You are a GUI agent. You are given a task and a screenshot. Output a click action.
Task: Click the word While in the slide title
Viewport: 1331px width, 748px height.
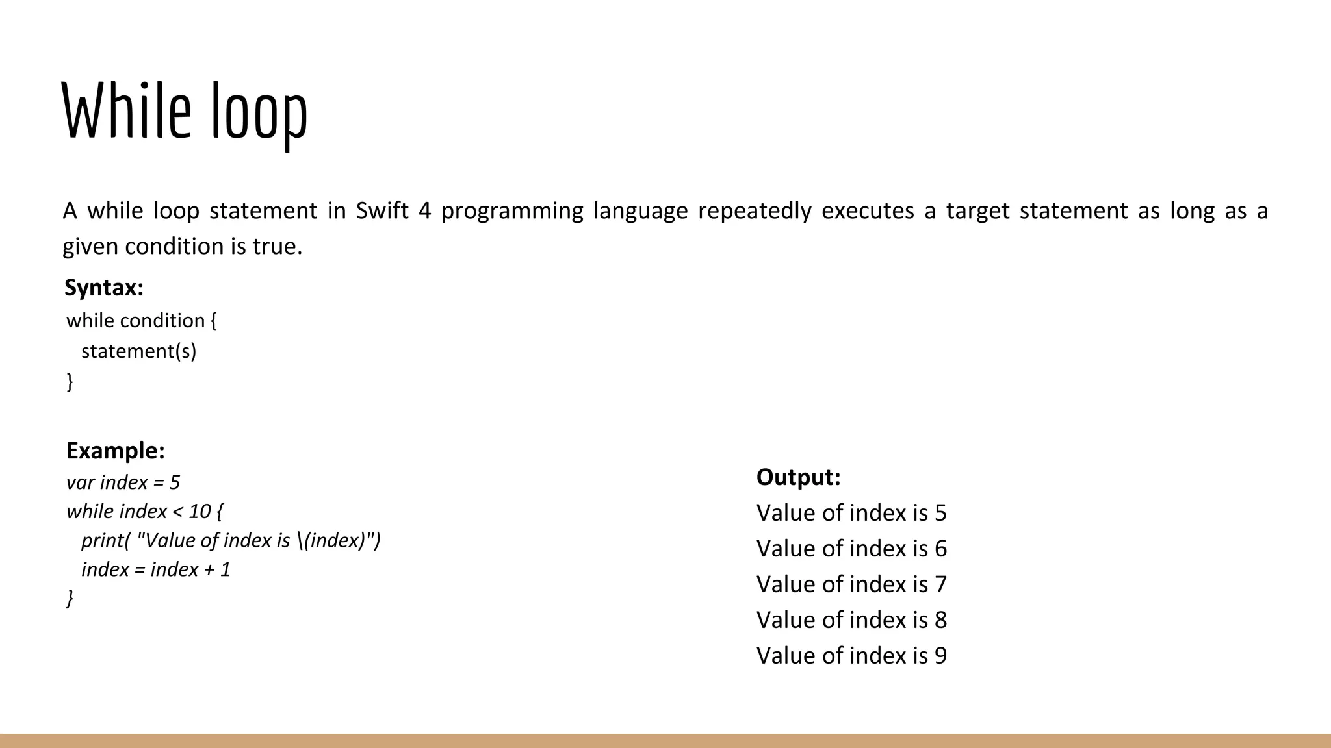(126, 111)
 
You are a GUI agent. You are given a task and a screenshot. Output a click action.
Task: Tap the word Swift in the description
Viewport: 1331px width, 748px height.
(382, 211)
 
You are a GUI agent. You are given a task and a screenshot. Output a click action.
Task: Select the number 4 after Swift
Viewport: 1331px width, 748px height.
(425, 211)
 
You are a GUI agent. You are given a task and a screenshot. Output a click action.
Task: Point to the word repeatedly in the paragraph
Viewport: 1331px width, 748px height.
(755, 211)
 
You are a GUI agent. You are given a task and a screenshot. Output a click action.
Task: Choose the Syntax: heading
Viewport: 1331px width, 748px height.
(104, 288)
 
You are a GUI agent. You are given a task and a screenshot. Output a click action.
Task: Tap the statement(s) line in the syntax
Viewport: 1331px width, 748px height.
(138, 351)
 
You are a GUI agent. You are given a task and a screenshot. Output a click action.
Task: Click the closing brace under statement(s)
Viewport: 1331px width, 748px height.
(70, 381)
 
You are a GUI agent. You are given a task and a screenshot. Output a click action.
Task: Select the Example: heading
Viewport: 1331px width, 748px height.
(116, 451)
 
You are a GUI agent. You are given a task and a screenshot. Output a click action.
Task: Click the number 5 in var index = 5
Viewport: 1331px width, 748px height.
(174, 482)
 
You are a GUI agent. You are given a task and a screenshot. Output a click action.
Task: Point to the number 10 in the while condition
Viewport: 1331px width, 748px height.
(200, 512)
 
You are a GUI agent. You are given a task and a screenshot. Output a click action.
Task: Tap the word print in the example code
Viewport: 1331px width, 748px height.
(103, 540)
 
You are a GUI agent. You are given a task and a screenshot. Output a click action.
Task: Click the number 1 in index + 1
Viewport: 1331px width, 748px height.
(226, 569)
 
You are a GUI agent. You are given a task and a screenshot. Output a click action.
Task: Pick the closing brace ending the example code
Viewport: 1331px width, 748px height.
(70, 598)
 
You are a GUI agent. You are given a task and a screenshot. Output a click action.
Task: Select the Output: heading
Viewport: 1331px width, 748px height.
(798, 477)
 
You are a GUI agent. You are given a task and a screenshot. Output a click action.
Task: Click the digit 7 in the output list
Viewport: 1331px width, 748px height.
(940, 584)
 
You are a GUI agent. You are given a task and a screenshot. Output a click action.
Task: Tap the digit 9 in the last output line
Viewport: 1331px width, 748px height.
(940, 656)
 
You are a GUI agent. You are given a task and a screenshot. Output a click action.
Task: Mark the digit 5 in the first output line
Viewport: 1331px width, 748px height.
(940, 513)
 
